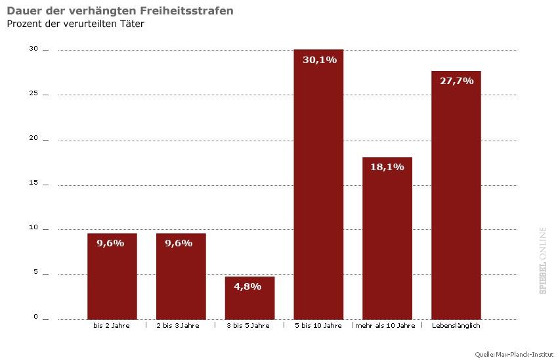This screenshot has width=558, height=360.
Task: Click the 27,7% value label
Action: (456, 80)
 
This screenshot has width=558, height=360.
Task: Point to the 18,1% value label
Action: (387, 167)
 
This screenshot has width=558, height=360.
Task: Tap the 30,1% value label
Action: (319, 60)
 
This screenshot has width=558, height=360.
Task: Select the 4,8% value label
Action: (247, 286)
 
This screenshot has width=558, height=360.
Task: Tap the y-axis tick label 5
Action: (36, 273)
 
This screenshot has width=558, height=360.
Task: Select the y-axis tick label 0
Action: (36, 318)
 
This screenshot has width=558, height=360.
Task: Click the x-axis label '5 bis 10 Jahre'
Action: (319, 326)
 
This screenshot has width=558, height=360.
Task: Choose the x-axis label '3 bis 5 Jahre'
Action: (248, 326)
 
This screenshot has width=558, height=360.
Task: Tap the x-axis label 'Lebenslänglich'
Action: (457, 326)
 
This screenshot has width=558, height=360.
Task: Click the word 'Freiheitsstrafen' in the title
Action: (190, 11)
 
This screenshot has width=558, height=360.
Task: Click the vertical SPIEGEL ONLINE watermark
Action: (543, 261)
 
